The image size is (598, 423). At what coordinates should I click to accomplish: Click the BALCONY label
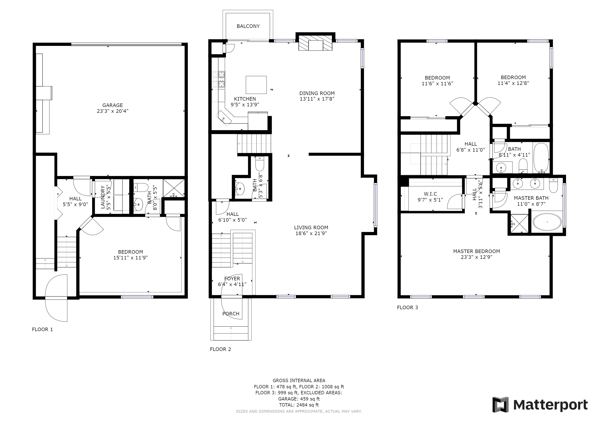[x=248, y=26]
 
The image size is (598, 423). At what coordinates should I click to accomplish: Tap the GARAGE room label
[x=113, y=105]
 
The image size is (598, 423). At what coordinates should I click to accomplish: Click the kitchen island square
[x=256, y=85]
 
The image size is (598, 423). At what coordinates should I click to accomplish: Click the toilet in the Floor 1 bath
[x=141, y=187]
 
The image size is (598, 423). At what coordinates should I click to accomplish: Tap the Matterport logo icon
[x=500, y=404]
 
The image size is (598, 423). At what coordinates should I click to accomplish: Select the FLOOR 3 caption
[x=407, y=307]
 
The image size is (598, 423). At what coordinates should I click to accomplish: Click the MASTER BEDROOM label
[x=476, y=251]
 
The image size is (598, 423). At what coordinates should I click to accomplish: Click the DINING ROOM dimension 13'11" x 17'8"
[x=317, y=99]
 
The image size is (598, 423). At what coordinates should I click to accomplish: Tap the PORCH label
[x=231, y=314]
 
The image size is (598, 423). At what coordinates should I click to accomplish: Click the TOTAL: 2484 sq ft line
[x=299, y=405]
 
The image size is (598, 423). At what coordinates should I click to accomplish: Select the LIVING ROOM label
[x=311, y=227]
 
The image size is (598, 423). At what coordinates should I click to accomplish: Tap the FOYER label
[x=232, y=278]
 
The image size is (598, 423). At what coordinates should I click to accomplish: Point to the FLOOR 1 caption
[x=43, y=329]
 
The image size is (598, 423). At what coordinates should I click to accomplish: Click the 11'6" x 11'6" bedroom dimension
[x=437, y=84]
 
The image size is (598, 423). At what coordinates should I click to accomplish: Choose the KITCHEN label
[x=245, y=99]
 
